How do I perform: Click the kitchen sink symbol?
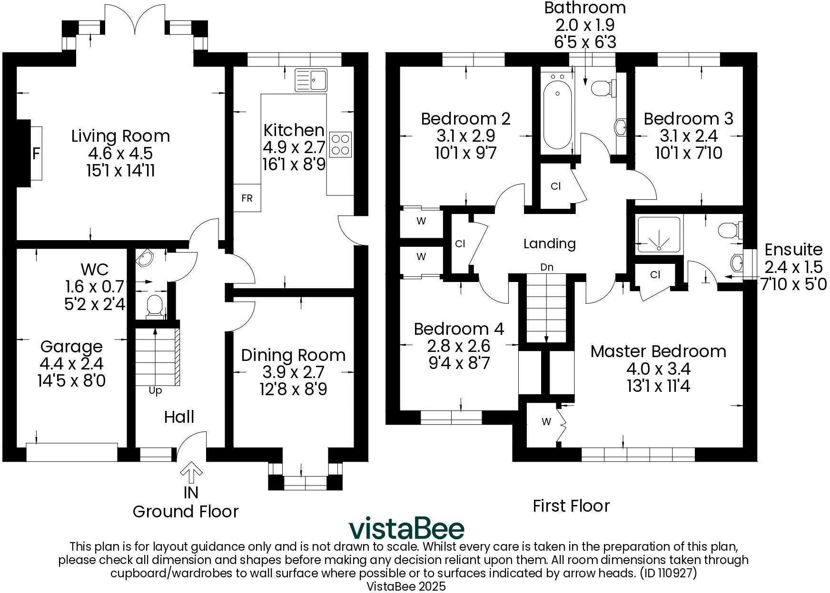tap(311, 80)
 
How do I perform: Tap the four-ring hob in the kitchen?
tap(340, 144)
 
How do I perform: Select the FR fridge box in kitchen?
tap(247, 198)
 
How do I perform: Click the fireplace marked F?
tap(35, 153)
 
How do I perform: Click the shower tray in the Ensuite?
tap(659, 234)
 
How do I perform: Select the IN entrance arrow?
tap(191, 472)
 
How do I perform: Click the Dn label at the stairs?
tap(547, 267)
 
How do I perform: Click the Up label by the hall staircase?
tap(156, 391)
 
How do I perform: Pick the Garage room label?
tap(71, 346)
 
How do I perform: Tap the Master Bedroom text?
tap(658, 351)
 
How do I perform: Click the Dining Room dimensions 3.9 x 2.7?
tap(293, 372)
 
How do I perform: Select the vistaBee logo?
tap(406, 529)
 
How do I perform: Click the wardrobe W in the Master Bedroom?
tap(546, 422)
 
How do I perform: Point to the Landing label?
tap(550, 243)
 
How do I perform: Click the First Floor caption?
tap(571, 506)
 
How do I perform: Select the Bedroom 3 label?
tap(688, 118)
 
